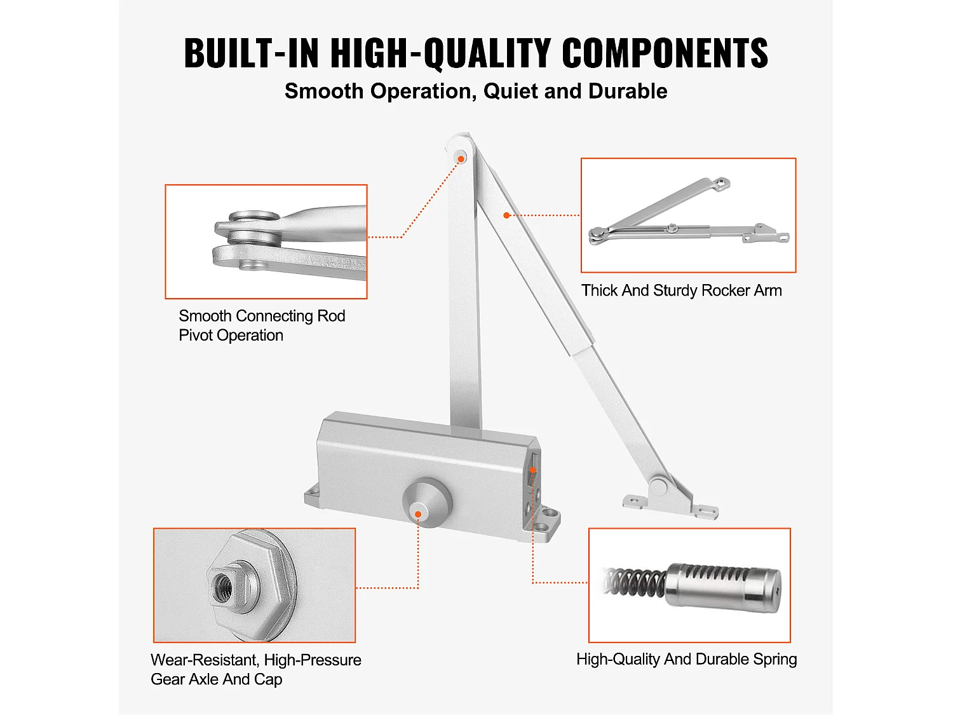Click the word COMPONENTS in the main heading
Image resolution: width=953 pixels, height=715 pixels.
665,53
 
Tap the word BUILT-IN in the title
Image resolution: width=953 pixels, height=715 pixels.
252,53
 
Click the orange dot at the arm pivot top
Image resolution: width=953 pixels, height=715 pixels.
461,160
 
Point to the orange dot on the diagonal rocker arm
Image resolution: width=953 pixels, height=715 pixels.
506,215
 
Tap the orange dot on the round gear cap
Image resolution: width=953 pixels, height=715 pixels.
418,514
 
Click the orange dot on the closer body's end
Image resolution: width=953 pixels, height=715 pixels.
533,470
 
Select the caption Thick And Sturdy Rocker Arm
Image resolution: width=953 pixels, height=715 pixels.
682,290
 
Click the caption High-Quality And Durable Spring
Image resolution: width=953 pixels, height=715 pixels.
686,660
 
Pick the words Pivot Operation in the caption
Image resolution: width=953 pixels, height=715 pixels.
231,335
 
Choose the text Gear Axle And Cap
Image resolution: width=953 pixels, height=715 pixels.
216,679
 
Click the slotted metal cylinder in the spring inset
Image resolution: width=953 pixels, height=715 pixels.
722,587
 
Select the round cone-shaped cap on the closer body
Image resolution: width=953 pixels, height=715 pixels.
427,503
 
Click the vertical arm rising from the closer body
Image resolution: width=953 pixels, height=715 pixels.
464,287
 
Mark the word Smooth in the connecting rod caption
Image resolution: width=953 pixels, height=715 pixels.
205,316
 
